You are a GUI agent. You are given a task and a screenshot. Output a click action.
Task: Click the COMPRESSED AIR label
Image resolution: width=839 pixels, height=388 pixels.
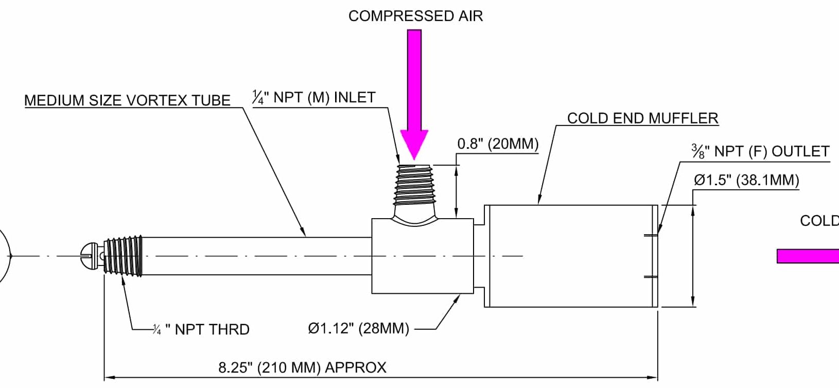pos(415,16)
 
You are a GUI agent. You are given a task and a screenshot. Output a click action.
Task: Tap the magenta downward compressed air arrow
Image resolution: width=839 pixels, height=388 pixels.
pos(414,93)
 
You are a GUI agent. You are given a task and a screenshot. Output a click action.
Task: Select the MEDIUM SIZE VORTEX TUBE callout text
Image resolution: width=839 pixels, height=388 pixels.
pos(127,100)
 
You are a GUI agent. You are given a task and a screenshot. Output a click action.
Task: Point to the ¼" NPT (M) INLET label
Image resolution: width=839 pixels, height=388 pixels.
pos(313,97)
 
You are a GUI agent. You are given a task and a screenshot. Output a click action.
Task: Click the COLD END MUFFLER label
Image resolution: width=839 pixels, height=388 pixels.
pos(642,118)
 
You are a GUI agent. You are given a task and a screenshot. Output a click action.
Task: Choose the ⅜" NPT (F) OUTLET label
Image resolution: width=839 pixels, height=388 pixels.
pos(760,151)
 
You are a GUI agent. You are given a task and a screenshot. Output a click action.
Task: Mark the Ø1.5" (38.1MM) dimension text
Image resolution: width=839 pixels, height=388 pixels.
pos(746,180)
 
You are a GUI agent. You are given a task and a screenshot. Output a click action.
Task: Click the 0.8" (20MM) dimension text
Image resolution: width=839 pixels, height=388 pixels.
pos(498,144)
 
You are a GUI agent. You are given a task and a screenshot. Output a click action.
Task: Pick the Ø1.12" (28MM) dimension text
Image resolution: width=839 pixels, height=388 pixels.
pos(358,328)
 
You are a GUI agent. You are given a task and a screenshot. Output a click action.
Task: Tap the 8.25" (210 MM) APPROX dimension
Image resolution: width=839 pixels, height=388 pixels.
pos(302,367)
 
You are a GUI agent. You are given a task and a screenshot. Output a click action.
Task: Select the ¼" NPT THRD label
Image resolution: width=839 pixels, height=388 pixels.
pos(202,329)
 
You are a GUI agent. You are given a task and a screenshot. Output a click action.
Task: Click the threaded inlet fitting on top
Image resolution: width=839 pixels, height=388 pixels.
pos(414,185)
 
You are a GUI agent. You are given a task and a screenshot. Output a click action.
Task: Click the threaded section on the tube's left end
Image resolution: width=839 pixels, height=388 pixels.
pos(123,256)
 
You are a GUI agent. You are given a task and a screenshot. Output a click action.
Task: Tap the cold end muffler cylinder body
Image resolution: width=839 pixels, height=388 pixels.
pos(570,256)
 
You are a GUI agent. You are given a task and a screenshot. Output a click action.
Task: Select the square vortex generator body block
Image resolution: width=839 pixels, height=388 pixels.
pos(422,256)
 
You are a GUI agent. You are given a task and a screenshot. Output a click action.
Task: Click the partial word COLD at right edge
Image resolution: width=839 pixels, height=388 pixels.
pos(819,221)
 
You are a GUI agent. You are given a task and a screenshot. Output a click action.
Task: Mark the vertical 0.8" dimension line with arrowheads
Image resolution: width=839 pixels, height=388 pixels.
pos(457,191)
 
